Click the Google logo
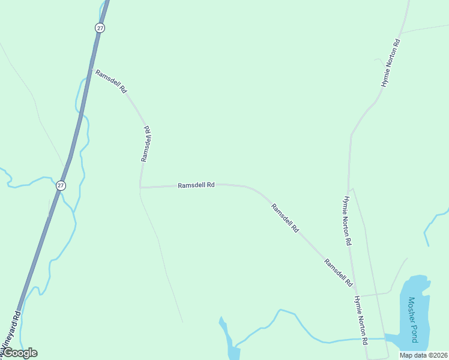tap(20, 353)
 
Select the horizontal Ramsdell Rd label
tap(196, 185)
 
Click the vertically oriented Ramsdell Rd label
tap(145, 143)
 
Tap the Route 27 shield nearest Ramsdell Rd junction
tap(100, 28)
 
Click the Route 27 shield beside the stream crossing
tap(61, 185)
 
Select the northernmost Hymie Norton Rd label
tap(390, 64)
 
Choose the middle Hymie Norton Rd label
tap(347, 221)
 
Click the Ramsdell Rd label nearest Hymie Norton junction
tap(338, 272)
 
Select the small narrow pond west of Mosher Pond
tap(228, 339)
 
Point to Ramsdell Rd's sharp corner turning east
tap(140, 187)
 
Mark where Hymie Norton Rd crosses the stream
tap(367, 339)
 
